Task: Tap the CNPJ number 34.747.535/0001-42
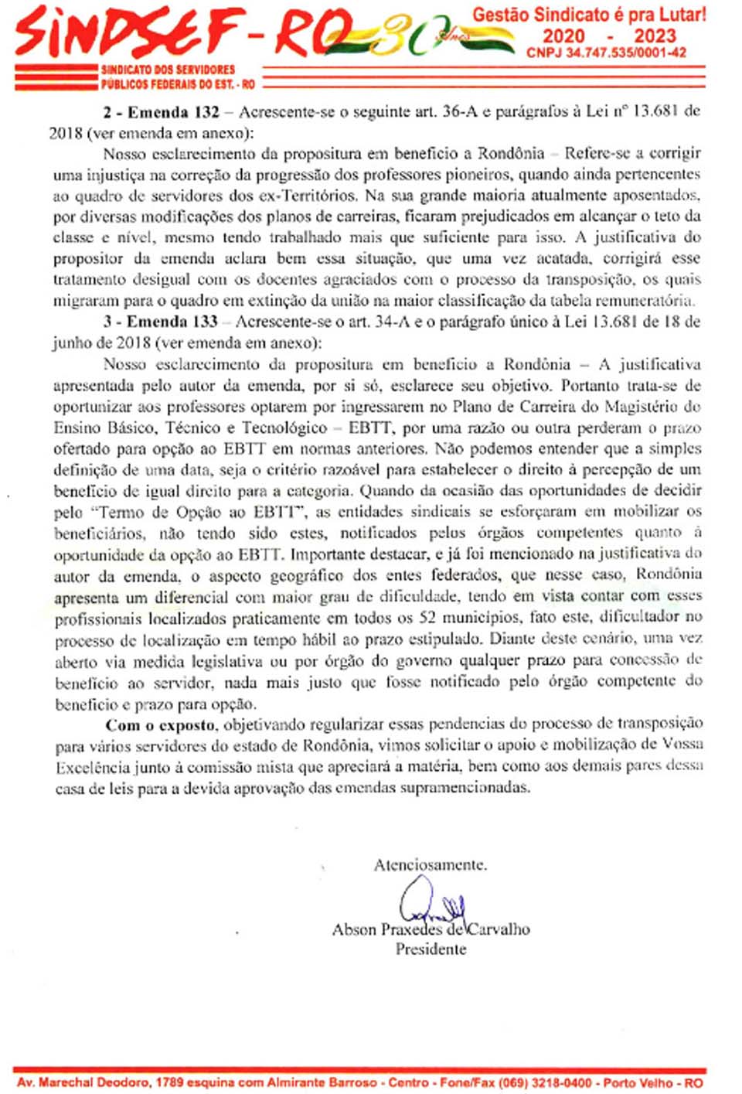click(606, 53)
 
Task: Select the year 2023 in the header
click(655, 36)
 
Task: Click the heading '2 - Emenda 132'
click(161, 112)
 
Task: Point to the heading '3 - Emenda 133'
click(160, 322)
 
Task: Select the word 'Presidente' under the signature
click(431, 949)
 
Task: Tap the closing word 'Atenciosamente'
click(430, 865)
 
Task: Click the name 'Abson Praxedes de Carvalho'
click(431, 929)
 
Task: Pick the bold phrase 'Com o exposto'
click(161, 725)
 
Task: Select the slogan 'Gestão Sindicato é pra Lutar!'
click(589, 15)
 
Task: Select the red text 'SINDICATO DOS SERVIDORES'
click(168, 70)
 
